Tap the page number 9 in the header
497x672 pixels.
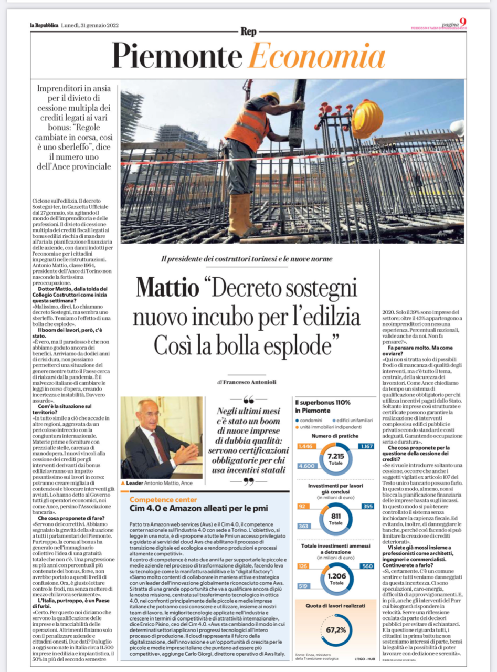(x=462, y=22)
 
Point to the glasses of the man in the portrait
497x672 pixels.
(x=149, y=415)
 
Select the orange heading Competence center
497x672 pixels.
(x=163, y=500)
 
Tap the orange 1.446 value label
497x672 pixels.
(x=304, y=446)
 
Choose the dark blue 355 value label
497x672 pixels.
(x=367, y=506)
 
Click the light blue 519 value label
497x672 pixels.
(x=303, y=585)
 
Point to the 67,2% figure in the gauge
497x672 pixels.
(x=336, y=630)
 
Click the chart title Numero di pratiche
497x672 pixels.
(x=335, y=436)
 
